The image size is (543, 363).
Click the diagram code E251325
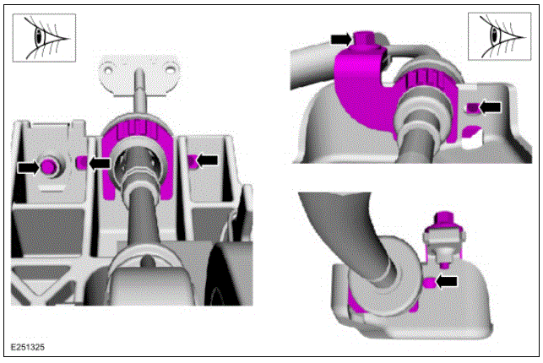point(28,347)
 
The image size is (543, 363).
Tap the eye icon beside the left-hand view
point(44,38)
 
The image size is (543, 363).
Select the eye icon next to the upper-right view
point(499,36)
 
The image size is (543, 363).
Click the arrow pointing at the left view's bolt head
point(29,168)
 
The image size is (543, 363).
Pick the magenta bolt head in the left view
point(48,167)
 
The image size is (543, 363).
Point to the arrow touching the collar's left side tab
point(100,163)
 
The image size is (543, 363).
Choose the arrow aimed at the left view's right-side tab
point(208,160)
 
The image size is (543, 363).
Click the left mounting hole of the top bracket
point(108,70)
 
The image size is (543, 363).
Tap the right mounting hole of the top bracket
point(170,69)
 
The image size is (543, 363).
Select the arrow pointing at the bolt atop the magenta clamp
point(341,40)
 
